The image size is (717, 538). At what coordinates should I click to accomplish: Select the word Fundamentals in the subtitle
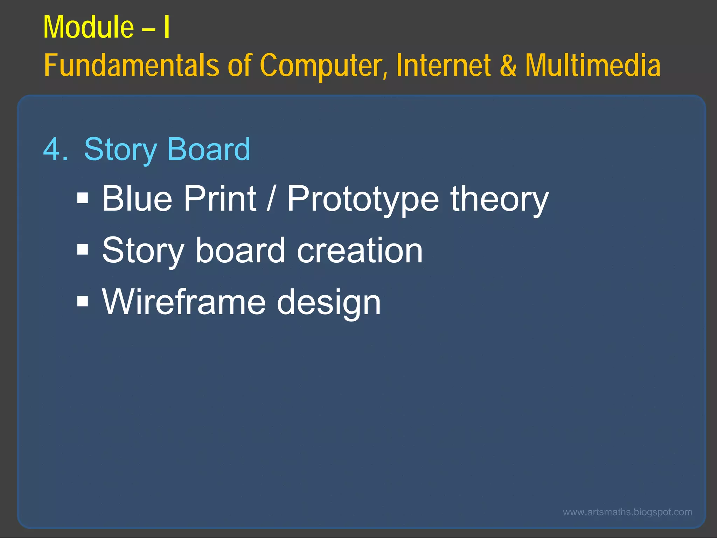[131, 65]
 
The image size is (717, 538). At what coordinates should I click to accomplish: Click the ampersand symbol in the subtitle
[508, 65]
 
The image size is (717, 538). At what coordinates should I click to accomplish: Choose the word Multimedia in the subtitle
[593, 65]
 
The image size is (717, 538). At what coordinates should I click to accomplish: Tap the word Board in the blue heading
[209, 150]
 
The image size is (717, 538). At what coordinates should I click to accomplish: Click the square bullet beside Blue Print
[83, 198]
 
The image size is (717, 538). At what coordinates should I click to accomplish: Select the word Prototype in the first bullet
[363, 199]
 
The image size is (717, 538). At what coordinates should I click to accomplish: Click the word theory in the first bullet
[499, 199]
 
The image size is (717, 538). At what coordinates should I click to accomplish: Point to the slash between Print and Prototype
[270, 199]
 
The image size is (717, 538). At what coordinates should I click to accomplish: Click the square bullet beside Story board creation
[83, 250]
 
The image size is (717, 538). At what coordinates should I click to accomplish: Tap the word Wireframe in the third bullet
[184, 302]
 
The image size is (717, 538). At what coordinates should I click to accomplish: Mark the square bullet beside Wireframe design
[83, 301]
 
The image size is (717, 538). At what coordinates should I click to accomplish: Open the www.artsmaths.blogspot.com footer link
[627, 512]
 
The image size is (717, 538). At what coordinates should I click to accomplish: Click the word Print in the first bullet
[220, 199]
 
